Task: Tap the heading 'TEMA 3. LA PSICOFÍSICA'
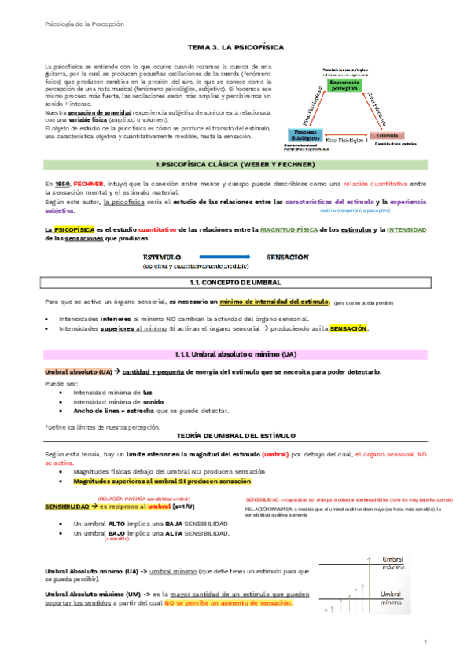[234, 47]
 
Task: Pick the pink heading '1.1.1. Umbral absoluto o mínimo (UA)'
[234, 354]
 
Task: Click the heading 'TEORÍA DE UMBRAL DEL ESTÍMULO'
[234, 435]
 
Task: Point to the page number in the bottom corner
[424, 644]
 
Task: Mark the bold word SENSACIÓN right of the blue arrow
[287, 257]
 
